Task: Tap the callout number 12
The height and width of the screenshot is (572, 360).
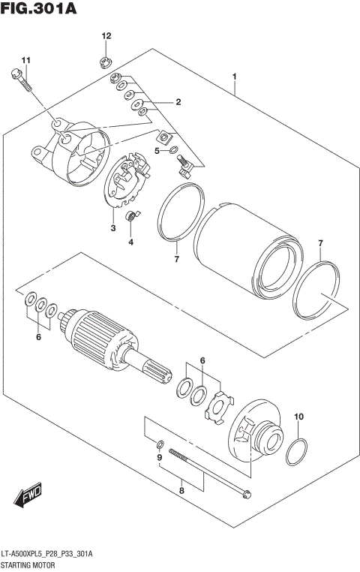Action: pos(106,36)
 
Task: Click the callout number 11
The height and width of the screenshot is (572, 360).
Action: pos(27,60)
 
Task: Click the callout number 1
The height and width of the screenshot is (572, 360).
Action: pos(235,77)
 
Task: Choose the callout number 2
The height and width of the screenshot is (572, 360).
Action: pos(178,102)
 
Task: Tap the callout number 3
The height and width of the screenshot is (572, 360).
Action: pos(113,228)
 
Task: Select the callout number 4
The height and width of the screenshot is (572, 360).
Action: pos(130,242)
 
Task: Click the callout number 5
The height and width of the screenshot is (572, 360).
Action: pos(157,151)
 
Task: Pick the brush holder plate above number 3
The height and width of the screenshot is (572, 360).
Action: pos(124,182)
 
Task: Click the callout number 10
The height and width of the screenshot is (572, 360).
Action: pos(299,417)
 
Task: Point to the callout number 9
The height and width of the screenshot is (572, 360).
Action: pos(159,458)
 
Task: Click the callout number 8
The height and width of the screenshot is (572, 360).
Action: pos(181,492)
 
